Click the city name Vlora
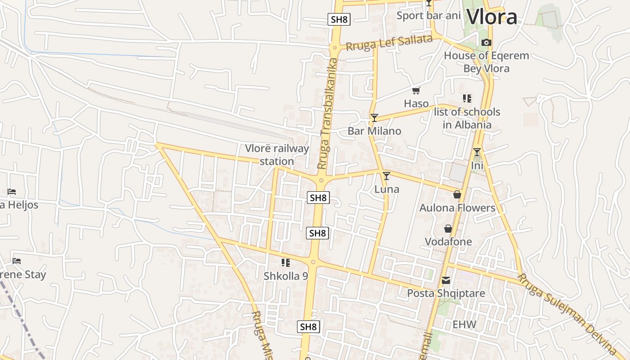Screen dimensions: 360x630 pos(492,17)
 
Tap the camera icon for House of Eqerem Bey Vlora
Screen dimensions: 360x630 pos(486,43)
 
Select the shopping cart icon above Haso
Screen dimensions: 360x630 pos(416,91)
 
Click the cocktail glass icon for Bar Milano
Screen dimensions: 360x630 pos(374,118)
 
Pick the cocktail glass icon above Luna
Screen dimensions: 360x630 pos(386,176)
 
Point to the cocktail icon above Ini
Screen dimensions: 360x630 pos(477,152)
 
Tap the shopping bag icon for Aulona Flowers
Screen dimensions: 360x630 pos(457,194)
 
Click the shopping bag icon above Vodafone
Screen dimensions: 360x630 pos(448,229)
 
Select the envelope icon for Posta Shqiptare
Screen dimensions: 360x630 pos(445,280)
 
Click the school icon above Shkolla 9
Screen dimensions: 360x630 pos(285,262)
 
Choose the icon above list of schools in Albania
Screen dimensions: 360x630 pos(467,98)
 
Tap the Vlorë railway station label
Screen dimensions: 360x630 pos(277,155)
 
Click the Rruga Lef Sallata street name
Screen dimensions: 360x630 pos(388,43)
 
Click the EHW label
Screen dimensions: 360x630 pos(464,324)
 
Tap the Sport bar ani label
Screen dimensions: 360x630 pos(428,16)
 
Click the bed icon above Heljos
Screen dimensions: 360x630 pos(12,192)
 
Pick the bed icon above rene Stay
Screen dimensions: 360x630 pos(17,261)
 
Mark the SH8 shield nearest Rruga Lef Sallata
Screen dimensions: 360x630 pos(339,19)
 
